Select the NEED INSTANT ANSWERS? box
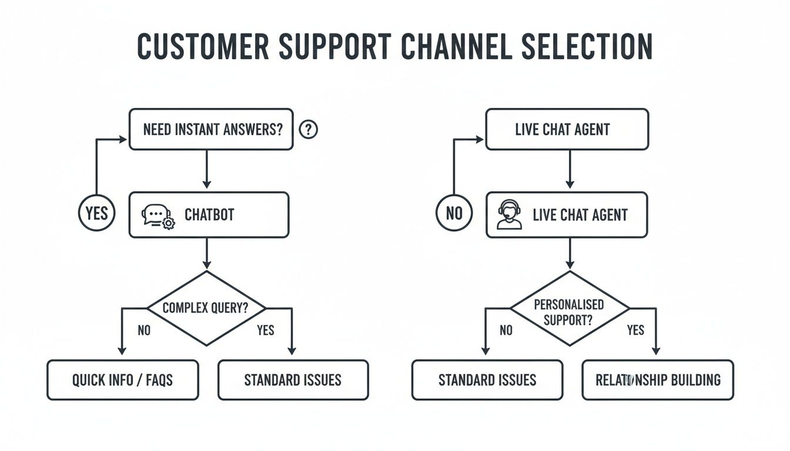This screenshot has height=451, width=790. tap(210, 129)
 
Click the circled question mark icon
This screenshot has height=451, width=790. tap(309, 129)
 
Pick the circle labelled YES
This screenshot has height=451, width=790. tap(96, 213)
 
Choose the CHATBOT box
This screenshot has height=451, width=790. tap(209, 215)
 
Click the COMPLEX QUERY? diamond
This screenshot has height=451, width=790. tap(205, 308)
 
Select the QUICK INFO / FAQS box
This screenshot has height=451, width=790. tap(122, 380)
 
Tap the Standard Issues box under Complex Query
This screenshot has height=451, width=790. tap(293, 380)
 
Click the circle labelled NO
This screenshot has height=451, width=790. tap(454, 213)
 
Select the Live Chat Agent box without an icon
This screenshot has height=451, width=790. tap(567, 129)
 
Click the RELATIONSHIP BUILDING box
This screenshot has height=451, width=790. tap(658, 380)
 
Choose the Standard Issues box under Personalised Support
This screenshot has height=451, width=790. tap(487, 380)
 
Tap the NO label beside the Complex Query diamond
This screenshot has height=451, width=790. tap(144, 331)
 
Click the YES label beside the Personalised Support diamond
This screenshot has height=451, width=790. tap(635, 331)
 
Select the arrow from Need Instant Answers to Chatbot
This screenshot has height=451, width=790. tap(206, 170)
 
